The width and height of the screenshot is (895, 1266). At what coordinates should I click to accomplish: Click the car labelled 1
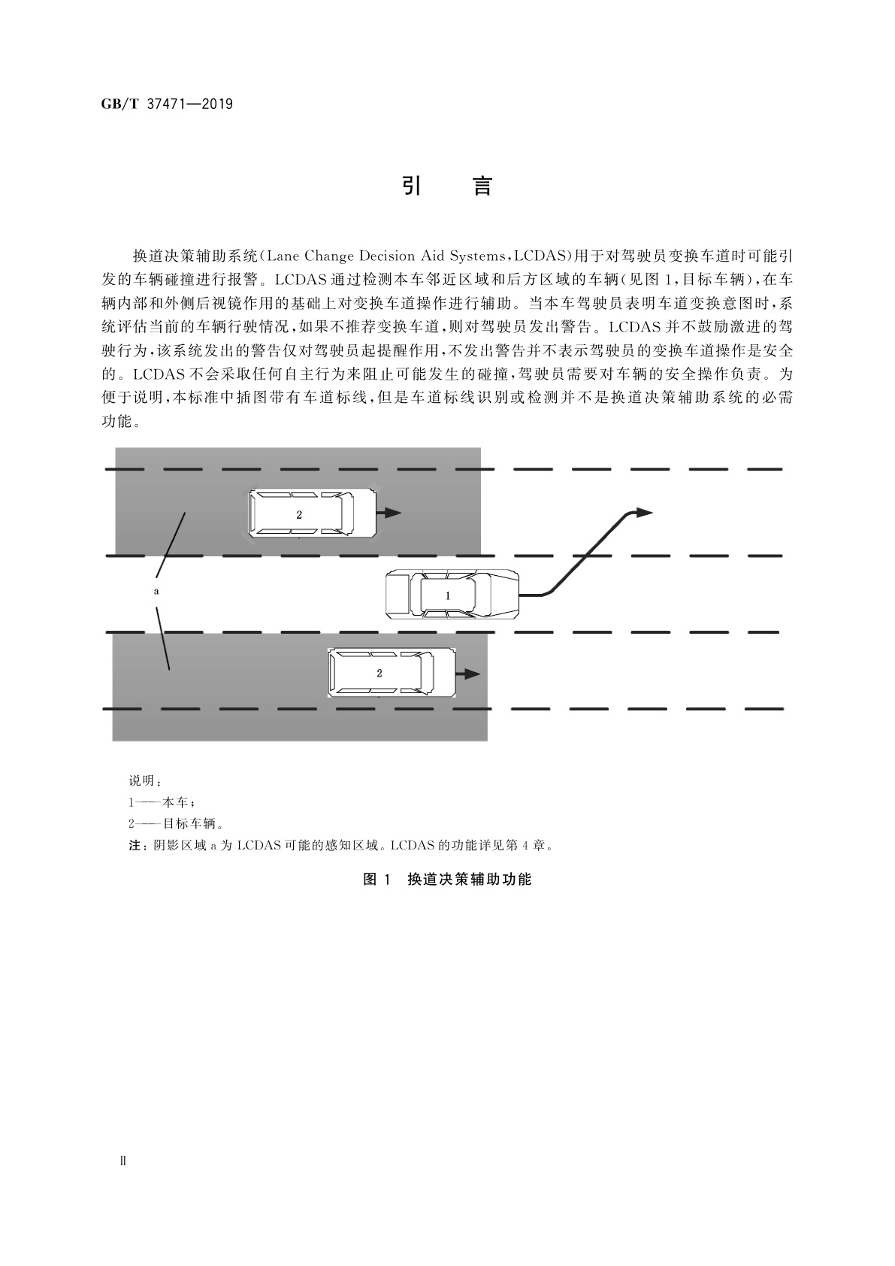452,595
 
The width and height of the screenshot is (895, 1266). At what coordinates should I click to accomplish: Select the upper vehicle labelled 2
312,513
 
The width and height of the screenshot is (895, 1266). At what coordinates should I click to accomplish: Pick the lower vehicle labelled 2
392,673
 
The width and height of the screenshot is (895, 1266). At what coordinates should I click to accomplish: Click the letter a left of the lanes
156,592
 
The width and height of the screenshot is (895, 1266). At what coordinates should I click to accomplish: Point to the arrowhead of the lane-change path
643,512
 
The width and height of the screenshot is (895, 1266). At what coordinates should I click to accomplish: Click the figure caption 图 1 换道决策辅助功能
447,879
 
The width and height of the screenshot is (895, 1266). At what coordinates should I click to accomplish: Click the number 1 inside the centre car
449,595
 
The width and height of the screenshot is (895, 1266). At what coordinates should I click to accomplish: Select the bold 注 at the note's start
134,845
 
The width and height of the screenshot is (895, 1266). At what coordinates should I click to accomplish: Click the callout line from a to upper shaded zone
172,544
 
